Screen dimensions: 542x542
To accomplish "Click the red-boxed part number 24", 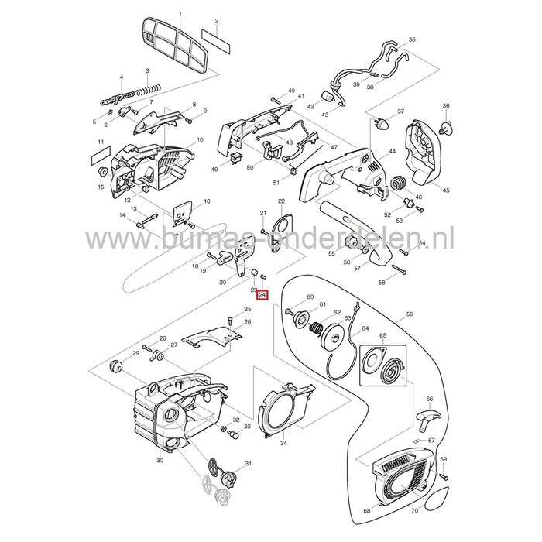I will coord(262,295).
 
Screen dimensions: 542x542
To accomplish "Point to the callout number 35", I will coord(412,39).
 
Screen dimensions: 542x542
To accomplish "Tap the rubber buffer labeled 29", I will coord(118,365).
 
